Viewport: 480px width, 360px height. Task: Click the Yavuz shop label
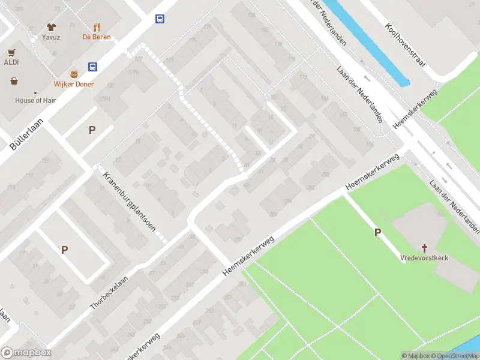(x=51, y=37)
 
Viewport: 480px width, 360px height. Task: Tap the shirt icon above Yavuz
(x=51, y=27)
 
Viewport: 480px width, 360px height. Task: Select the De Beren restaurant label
(x=97, y=37)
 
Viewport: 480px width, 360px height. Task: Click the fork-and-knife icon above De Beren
(x=97, y=27)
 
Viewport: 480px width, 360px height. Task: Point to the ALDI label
(x=11, y=62)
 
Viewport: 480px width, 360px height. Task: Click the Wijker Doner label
(x=74, y=84)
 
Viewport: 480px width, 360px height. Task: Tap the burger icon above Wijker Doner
(x=74, y=74)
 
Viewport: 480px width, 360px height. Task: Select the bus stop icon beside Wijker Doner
(x=93, y=67)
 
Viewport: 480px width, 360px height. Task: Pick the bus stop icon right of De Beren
(x=160, y=19)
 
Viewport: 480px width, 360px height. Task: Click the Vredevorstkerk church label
(x=424, y=257)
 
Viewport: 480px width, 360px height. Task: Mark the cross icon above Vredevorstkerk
(x=424, y=247)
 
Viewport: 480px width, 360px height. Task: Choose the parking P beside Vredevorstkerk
(x=378, y=233)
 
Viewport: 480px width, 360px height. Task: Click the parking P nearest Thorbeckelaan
(x=64, y=250)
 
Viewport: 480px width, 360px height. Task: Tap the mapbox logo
(x=25, y=353)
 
